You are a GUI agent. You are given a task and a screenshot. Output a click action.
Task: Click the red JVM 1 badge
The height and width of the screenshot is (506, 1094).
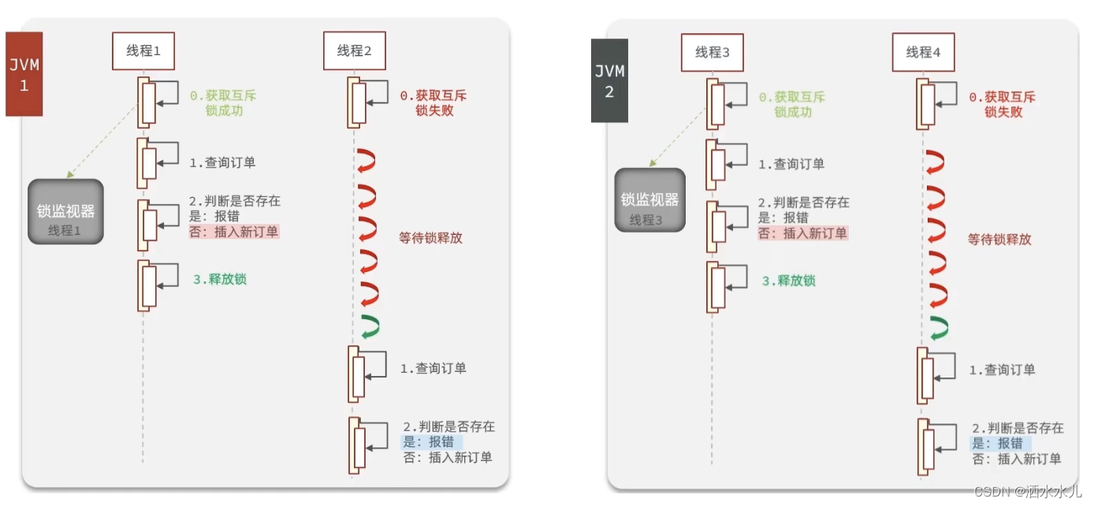click(x=24, y=74)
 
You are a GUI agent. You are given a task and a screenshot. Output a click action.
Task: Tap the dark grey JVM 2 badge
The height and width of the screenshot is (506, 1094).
click(x=609, y=80)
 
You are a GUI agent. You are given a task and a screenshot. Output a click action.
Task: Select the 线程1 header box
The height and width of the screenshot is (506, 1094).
click(x=143, y=51)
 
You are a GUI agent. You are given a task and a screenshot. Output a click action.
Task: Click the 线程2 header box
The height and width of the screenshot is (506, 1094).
click(x=354, y=51)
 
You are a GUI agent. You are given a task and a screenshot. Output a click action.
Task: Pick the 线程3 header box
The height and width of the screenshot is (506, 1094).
click(x=713, y=53)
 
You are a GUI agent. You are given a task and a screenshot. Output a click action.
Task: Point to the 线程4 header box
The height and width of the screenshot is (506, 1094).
click(x=923, y=53)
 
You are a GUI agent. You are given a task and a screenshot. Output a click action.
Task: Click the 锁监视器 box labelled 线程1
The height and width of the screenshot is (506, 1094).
click(x=66, y=211)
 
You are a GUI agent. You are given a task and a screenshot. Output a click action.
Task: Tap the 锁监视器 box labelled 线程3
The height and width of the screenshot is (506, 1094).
click(x=649, y=200)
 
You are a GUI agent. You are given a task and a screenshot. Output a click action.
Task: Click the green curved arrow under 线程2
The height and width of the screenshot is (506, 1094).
click(x=369, y=327)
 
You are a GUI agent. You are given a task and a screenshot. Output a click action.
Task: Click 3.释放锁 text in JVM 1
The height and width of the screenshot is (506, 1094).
click(x=220, y=279)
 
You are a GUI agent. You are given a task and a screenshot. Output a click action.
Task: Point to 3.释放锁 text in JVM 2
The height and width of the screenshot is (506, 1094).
click(x=788, y=281)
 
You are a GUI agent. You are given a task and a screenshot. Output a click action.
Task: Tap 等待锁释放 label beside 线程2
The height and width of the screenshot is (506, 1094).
click(x=431, y=237)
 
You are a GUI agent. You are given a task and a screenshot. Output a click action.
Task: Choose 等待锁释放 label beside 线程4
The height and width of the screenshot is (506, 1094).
click(x=999, y=239)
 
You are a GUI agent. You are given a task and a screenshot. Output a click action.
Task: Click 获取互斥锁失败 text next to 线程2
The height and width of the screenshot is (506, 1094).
click(x=434, y=103)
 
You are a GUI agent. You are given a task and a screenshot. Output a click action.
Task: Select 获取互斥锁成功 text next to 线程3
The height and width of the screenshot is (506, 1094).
click(x=791, y=105)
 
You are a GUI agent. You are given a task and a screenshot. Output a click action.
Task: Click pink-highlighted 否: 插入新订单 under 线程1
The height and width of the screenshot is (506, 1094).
click(x=233, y=232)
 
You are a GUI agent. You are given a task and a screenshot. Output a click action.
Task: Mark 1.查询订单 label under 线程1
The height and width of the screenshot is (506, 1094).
click(x=222, y=162)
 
